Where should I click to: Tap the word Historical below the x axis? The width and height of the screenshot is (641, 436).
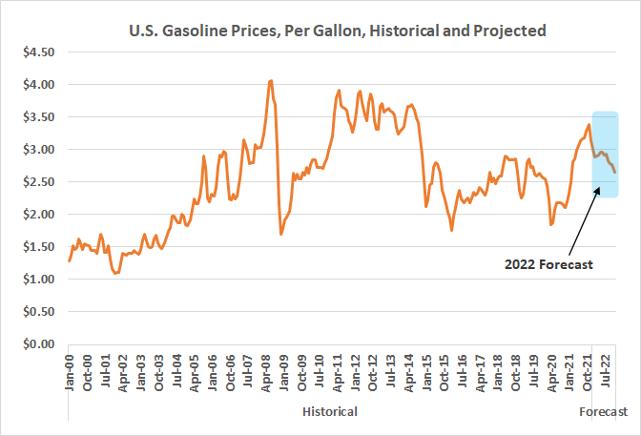(x=330, y=411)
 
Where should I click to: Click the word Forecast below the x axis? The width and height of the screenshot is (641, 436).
(x=604, y=411)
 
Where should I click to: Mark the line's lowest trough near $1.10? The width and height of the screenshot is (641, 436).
(x=116, y=273)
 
